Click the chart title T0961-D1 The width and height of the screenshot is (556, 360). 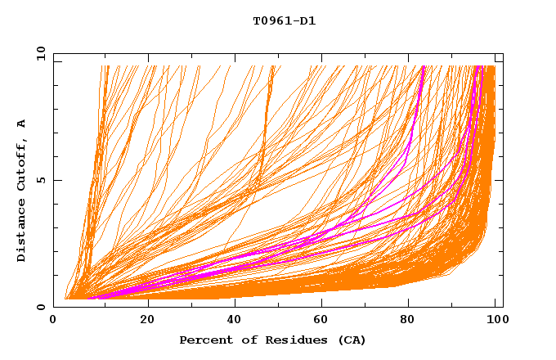pyautogui.click(x=284, y=21)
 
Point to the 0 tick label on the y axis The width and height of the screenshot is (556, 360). pyautogui.click(x=41, y=307)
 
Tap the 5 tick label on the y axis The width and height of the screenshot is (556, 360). pyautogui.click(x=41, y=180)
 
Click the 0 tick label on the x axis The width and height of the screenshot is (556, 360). pyautogui.click(x=54, y=319)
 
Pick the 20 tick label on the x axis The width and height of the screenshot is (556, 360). pyautogui.click(x=147, y=319)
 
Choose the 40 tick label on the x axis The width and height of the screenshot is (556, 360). pyautogui.click(x=235, y=319)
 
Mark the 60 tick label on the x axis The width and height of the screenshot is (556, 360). pyautogui.click(x=324, y=319)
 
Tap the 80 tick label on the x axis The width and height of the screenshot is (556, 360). pyautogui.click(x=412, y=319)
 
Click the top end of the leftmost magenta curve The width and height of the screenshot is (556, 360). pyautogui.click(x=423, y=67)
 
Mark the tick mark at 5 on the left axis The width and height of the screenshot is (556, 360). pyautogui.click(x=56, y=180)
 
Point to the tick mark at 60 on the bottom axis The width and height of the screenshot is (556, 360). pyautogui.click(x=324, y=304)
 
